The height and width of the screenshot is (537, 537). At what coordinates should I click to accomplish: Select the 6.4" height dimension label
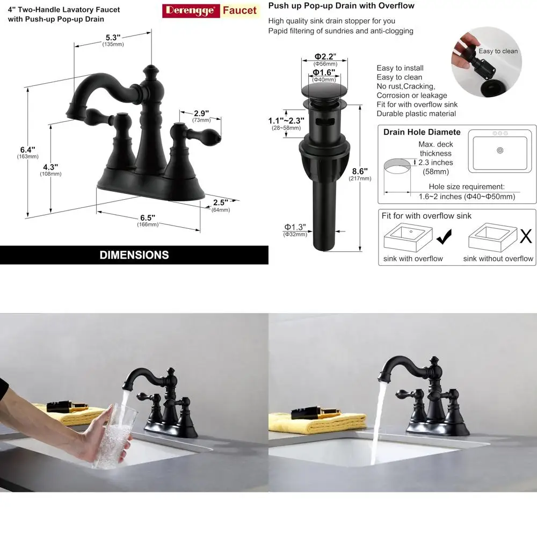point(27,150)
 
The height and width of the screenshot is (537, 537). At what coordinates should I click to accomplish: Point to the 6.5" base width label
point(148,217)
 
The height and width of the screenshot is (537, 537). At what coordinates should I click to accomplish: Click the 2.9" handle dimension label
point(201,113)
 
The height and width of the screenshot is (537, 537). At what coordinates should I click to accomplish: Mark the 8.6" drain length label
point(359,172)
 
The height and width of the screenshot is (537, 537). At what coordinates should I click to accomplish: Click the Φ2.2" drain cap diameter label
point(324,56)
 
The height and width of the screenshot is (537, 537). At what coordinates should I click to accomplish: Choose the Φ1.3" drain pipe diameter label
point(295,227)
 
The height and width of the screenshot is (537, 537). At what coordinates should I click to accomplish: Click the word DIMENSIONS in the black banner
point(134,255)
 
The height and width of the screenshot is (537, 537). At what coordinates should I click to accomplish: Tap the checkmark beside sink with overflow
point(444,236)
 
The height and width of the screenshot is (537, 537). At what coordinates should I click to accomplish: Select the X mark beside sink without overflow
point(526,236)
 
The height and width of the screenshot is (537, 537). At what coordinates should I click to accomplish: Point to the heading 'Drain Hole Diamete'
point(422,132)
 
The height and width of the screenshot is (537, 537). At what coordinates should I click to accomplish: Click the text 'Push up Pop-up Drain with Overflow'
point(341,6)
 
